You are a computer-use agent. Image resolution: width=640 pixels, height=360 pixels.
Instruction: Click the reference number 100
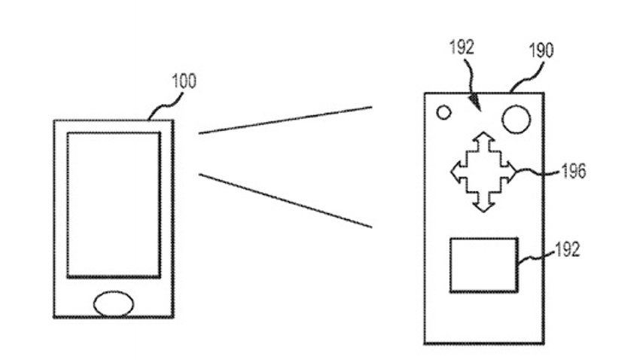[x=184, y=81]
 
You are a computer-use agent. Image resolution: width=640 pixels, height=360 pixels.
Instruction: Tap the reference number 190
[x=541, y=50]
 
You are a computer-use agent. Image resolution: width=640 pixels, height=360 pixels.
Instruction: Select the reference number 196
[x=574, y=171]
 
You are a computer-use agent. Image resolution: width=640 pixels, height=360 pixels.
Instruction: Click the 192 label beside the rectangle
[x=568, y=249]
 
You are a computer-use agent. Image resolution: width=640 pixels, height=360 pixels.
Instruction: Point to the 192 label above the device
[x=462, y=47]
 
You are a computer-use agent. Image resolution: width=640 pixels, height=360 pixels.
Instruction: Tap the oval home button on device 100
[x=114, y=304]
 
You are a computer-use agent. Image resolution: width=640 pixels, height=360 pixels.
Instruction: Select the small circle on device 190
[x=443, y=112]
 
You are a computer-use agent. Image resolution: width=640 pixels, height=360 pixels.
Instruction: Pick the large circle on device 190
[x=516, y=119]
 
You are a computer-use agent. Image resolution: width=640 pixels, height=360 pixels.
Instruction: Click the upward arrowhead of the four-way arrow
[x=483, y=137]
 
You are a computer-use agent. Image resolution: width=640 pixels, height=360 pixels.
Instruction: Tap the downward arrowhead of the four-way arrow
[x=483, y=206]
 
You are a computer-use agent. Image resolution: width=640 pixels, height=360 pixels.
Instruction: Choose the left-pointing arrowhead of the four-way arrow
[x=456, y=172]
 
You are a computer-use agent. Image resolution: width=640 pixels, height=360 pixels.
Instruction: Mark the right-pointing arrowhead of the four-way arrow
[x=511, y=172]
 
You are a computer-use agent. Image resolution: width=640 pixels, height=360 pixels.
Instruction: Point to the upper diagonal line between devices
[x=285, y=120]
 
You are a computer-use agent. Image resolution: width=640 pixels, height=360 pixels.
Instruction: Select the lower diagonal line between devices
[x=285, y=200]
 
